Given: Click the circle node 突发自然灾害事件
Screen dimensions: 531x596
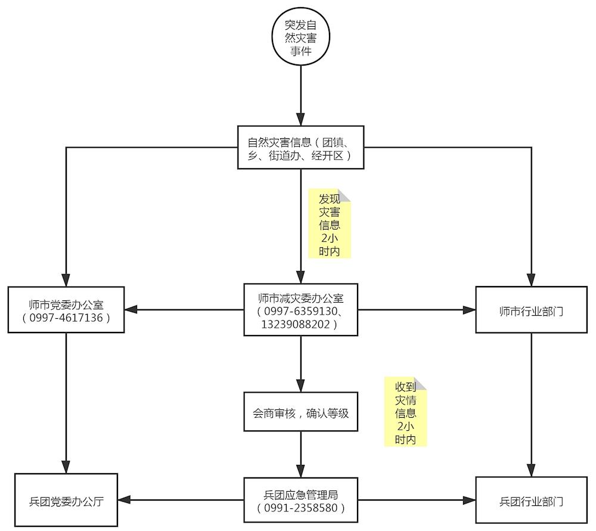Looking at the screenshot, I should click(x=301, y=36).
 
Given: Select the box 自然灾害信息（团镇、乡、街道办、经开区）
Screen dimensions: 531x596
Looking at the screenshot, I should click(x=300, y=148).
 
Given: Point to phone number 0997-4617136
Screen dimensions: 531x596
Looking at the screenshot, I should click(x=66, y=318).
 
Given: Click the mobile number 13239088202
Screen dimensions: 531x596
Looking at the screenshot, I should click(x=296, y=325).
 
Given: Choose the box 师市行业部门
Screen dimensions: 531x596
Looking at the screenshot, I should click(x=531, y=310).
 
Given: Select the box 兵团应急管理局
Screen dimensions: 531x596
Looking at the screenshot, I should click(x=300, y=495).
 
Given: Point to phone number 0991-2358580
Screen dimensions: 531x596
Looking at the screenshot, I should click(x=300, y=508).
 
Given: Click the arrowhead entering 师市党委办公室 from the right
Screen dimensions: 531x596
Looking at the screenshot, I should click(x=131, y=309).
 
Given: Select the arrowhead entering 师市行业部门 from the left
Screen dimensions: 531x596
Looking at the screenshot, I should click(x=470, y=309).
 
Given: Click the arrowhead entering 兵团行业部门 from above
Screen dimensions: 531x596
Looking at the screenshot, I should click(x=531, y=470).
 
